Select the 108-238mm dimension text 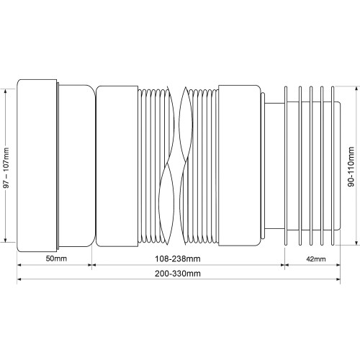click(x=178, y=258)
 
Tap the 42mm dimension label click(x=316, y=259)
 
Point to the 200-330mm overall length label click(x=178, y=274)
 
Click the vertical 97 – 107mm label click(x=6, y=168)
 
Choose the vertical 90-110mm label click(x=351, y=166)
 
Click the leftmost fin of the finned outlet click(x=286, y=166)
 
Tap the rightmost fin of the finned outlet click(x=333, y=166)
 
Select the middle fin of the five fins click(x=311, y=166)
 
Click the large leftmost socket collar click(x=37, y=166)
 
